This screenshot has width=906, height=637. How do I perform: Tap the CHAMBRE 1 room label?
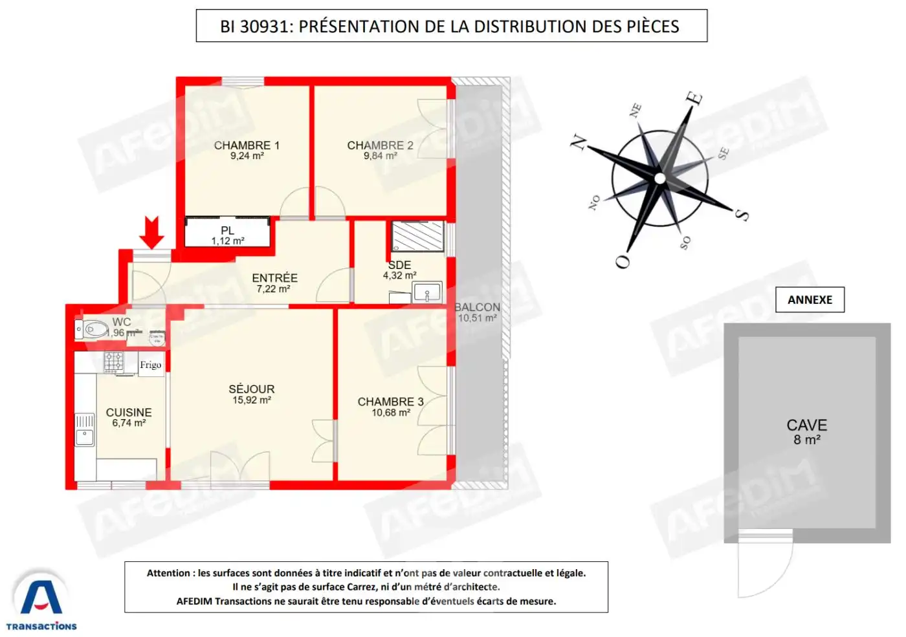tap(247, 146)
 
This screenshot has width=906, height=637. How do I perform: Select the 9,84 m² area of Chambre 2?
tap(380, 156)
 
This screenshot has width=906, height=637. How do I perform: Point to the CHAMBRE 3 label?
tap(390, 402)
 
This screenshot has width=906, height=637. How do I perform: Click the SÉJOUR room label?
tap(251, 389)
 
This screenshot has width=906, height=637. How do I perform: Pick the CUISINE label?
tap(129, 413)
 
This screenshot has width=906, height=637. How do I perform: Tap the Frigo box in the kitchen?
tap(151, 365)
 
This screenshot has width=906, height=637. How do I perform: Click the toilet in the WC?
tap(92, 330)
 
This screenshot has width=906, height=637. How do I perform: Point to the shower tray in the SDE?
tap(418, 236)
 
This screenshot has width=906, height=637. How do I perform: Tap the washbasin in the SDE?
tap(427, 293)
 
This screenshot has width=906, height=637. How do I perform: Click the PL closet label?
tap(227, 231)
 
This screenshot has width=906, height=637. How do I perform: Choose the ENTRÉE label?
tap(274, 278)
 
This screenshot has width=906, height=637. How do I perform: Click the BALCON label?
tap(478, 307)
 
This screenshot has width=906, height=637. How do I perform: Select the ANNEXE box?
tap(810, 299)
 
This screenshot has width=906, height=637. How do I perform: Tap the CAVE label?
tap(806, 426)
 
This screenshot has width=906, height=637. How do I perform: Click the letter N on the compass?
tap(578, 142)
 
